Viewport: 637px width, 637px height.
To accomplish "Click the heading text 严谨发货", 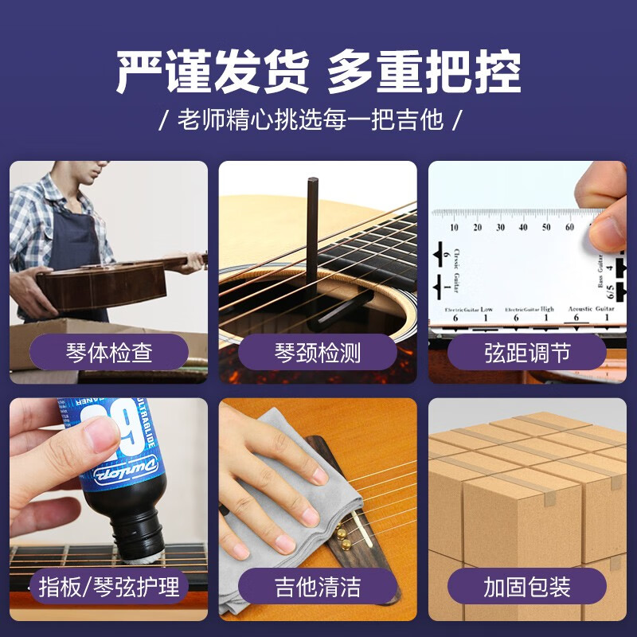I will point(213,73).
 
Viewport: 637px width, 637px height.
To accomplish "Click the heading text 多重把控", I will point(424,73).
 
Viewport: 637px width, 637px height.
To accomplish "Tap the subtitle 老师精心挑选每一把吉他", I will point(311,120).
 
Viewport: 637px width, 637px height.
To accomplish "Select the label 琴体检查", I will point(109,352).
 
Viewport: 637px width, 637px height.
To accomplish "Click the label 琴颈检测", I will point(318,352).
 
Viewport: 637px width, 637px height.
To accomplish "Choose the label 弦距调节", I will point(527,352).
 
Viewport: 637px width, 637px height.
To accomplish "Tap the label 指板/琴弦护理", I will point(109,588).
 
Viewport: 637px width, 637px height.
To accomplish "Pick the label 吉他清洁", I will point(318,588).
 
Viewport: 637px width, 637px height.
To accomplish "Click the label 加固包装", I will point(527,588).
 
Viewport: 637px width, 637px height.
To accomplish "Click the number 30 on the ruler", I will point(500,227).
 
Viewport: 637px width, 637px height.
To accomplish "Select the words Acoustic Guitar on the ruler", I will point(591,308).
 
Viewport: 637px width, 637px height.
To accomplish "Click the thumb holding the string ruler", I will point(607,227).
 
